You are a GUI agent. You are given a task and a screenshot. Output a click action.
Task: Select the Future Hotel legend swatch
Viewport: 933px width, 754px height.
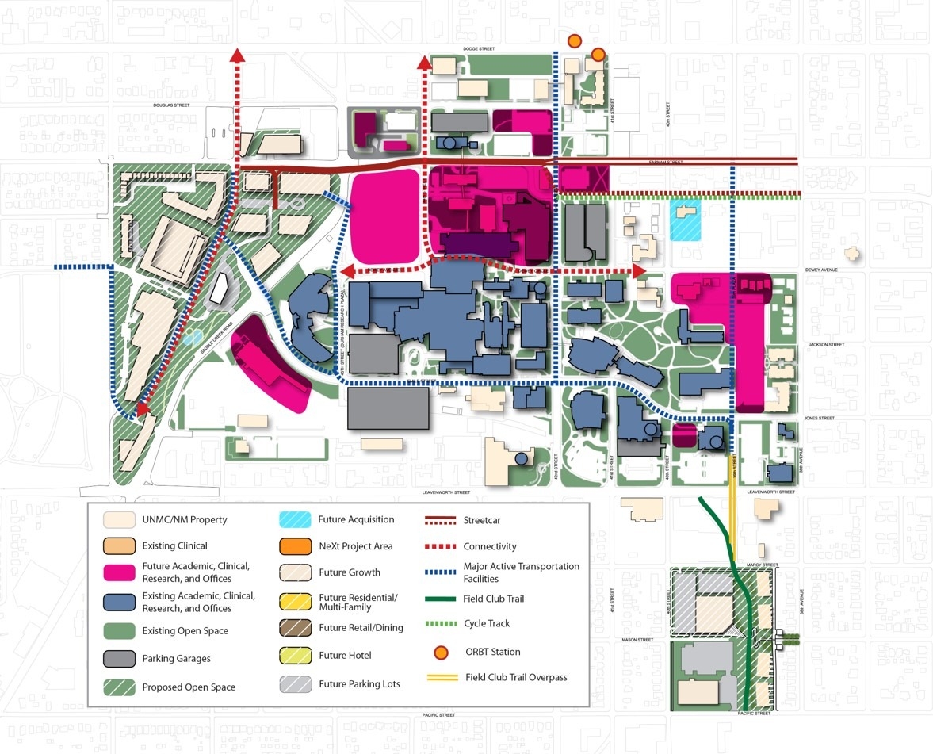pos(295,655)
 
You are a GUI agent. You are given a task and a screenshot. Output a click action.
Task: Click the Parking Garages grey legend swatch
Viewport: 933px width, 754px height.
pos(119,658)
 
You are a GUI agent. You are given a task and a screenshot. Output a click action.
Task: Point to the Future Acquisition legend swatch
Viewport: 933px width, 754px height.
pos(295,520)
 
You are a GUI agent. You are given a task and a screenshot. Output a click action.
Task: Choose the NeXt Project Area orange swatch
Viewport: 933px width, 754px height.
pos(295,546)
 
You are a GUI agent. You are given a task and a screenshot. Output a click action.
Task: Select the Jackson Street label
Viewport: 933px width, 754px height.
pos(826,345)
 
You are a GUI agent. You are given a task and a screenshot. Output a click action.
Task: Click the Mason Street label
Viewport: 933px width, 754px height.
pos(637,640)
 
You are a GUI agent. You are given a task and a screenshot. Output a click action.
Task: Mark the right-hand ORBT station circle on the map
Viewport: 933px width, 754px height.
pos(598,54)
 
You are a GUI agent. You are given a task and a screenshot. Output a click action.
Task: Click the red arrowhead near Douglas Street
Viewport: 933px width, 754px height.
pos(236,54)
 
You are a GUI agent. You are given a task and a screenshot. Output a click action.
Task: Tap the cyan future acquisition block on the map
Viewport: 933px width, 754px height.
pos(686,220)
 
